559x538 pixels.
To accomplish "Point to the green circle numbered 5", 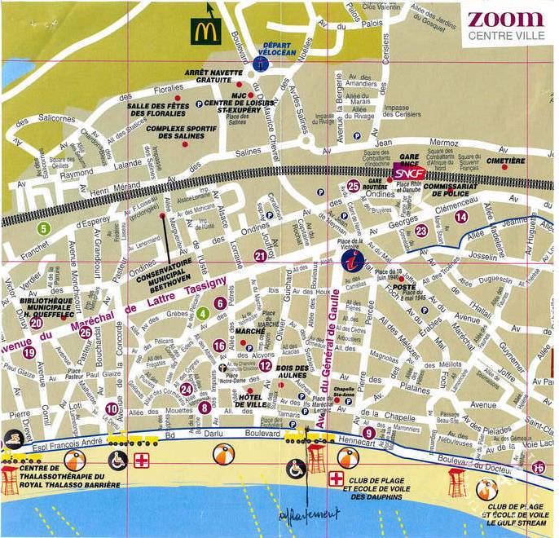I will pyautogui.click(x=43, y=228).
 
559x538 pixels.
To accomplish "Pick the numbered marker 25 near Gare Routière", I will pyautogui.click(x=353, y=186).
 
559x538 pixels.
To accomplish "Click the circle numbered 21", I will pyautogui.click(x=260, y=256).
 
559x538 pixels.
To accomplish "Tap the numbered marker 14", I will pyautogui.click(x=461, y=216).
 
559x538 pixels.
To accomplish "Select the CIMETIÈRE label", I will pyautogui.click(x=512, y=161).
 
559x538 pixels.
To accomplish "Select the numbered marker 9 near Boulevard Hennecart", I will pyautogui.click(x=369, y=432).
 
